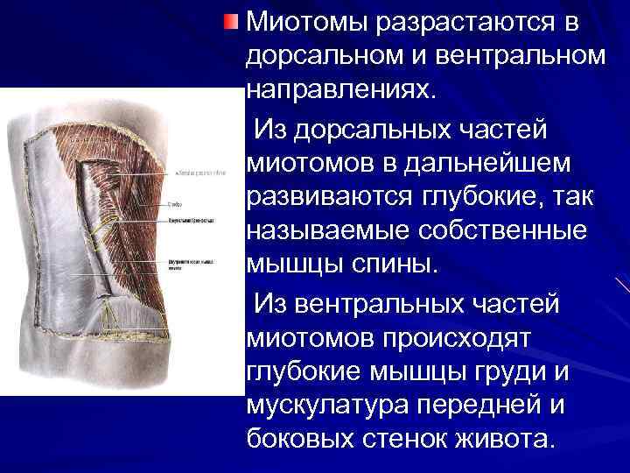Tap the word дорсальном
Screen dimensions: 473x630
pos(321,55)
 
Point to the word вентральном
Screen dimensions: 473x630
pos(521,55)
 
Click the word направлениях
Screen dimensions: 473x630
pos(339,89)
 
